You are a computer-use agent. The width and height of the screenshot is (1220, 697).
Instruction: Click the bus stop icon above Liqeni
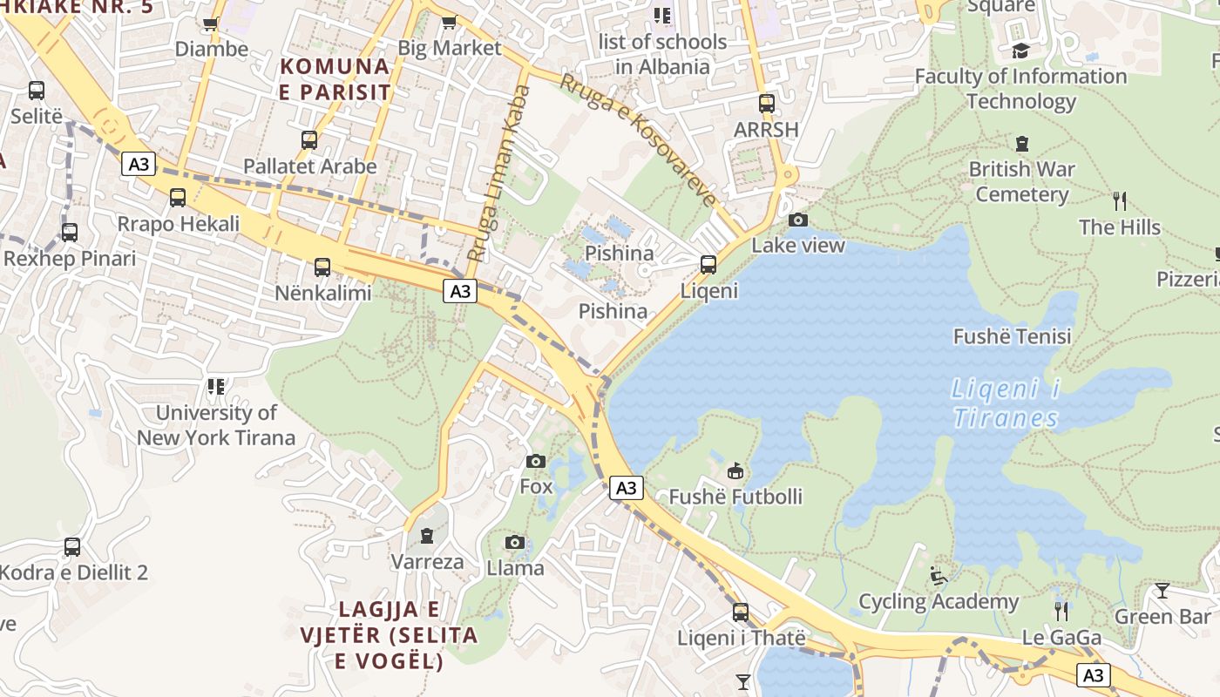point(708,264)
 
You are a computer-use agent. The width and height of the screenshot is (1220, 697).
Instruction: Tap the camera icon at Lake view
point(797,220)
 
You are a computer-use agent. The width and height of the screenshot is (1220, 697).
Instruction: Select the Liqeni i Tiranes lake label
point(1006,403)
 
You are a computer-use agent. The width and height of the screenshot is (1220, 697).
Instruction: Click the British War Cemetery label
point(1021,181)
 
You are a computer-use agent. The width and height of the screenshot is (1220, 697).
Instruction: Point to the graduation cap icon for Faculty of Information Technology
point(1020,51)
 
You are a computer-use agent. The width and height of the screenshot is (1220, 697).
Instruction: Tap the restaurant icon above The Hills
point(1120,201)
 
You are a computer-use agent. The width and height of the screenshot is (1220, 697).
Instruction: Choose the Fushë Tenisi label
point(1012,336)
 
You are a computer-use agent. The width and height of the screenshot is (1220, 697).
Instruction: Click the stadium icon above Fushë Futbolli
point(735,471)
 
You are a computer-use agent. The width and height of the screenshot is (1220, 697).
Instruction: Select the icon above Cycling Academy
point(939,576)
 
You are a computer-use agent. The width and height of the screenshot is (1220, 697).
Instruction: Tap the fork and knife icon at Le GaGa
point(1061,612)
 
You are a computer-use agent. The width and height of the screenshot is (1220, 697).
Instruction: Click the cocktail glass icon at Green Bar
point(1162,591)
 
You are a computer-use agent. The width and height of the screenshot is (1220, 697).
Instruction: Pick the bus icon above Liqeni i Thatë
point(740,612)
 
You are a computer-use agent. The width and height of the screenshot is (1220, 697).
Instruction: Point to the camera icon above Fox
point(536,461)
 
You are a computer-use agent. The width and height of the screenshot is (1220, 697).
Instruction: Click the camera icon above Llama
point(515,543)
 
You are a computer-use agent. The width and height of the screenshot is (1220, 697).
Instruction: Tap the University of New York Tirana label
point(216,425)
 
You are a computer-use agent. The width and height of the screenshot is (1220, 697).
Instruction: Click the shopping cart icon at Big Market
point(449,23)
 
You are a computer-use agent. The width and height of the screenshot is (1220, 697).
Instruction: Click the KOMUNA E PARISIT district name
point(335,78)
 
